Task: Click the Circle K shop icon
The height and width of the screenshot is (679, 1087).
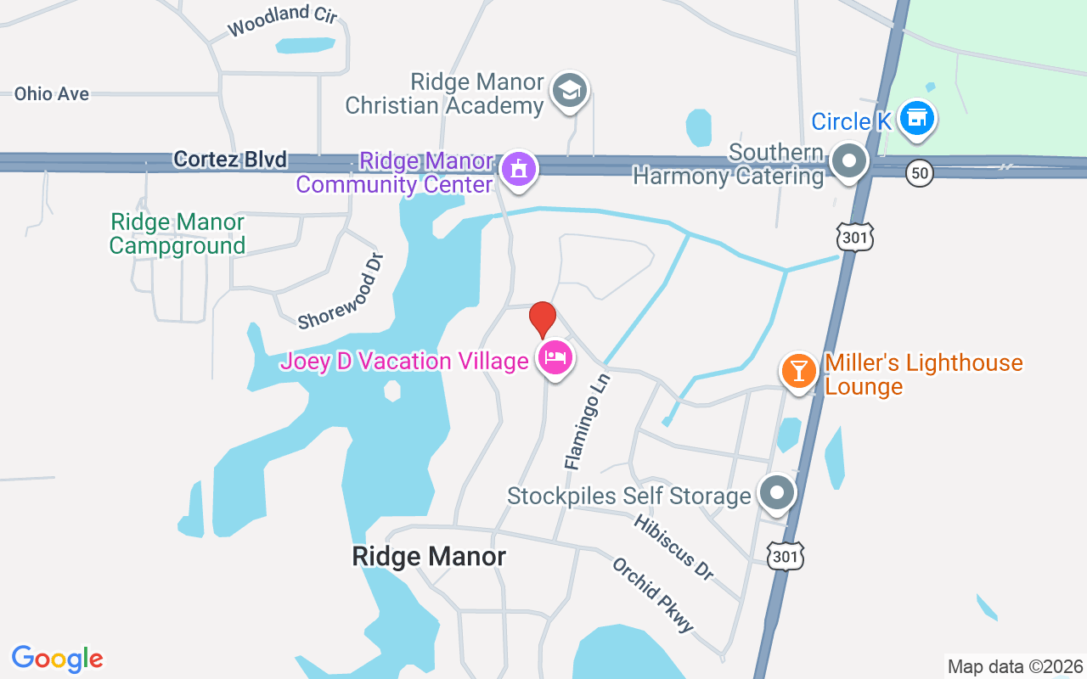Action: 916,118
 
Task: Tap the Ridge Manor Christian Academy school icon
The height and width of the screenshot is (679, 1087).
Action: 569,90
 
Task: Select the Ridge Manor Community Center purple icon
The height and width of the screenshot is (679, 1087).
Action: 516,167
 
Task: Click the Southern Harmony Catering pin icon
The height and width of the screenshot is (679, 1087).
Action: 848,160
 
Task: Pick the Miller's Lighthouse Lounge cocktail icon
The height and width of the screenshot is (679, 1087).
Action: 798,370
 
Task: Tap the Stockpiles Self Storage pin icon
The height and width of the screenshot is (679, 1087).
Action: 775,492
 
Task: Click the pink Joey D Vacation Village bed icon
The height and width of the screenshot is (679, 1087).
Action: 555,357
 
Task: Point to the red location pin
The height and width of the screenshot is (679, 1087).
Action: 542,320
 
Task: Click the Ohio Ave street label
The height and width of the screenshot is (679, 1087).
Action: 52,93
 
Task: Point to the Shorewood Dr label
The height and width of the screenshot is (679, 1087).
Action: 341,291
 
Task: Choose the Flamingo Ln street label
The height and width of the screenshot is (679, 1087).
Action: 587,420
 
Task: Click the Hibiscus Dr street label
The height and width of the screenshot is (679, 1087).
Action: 673,547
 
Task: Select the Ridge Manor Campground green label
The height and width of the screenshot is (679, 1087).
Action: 177,234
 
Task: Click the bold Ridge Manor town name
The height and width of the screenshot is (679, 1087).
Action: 429,557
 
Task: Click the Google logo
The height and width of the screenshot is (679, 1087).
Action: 58,659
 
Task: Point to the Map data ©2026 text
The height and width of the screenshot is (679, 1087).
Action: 1016,667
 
